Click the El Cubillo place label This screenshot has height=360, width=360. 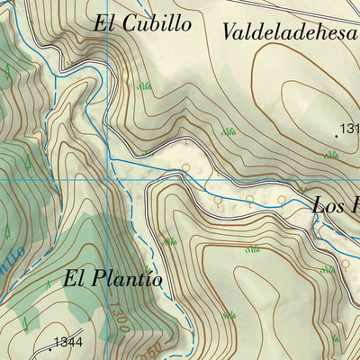(141, 23)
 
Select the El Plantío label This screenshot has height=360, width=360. (113, 279)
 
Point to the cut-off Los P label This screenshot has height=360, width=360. (336, 206)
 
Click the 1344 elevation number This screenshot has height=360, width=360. (67, 342)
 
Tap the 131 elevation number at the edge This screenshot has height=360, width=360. (349, 130)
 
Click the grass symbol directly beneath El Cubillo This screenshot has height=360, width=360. (143, 86)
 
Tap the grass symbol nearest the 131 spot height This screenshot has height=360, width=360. (331, 155)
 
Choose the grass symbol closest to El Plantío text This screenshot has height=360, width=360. (169, 241)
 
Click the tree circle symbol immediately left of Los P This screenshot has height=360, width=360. (282, 200)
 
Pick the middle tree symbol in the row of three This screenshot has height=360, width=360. (249, 200)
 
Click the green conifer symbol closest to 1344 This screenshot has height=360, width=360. (27, 321)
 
